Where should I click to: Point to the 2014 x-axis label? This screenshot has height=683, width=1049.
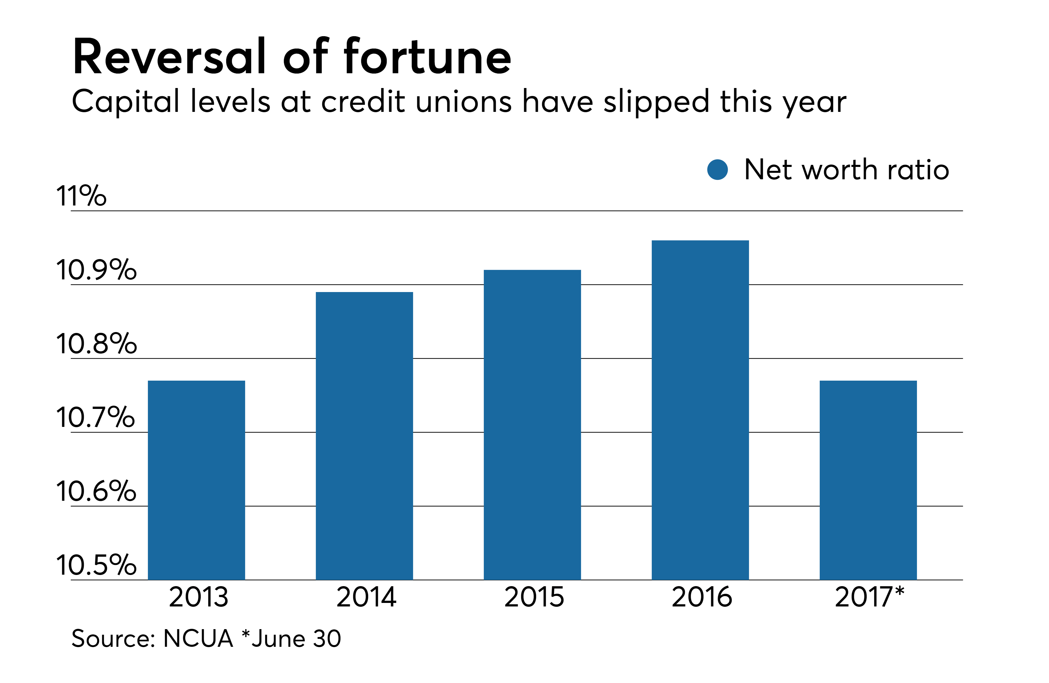coord(366,598)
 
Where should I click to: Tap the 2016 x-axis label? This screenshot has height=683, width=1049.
coord(702,598)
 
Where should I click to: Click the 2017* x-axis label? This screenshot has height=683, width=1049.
coord(869,598)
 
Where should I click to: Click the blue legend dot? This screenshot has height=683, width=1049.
coord(717,170)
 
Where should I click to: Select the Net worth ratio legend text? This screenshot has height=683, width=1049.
coord(846,170)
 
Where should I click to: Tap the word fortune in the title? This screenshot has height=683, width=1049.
coord(427,57)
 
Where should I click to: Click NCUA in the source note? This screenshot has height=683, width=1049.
coord(198,639)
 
